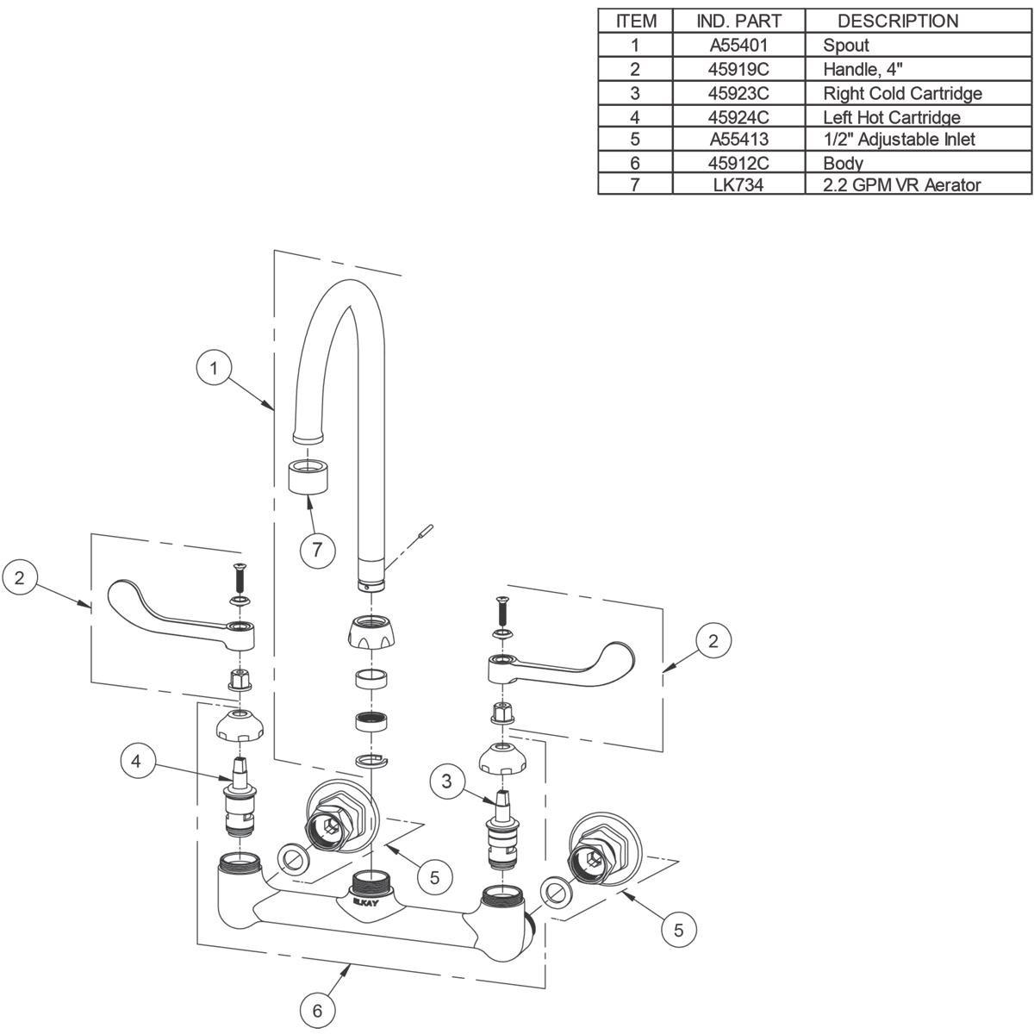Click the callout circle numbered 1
pos(215,369)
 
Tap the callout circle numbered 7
pos(317,550)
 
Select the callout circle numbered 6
pos(317,1010)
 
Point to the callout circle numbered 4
pos(137,761)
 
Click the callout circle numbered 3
pos(446,782)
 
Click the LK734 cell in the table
pos(739,184)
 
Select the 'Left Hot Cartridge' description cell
pos(891,116)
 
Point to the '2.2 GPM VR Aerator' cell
pos(901,184)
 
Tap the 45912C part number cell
pos(739,162)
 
